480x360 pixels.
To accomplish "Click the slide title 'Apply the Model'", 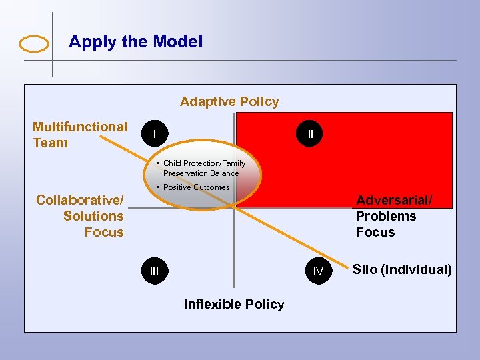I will click(x=135, y=42).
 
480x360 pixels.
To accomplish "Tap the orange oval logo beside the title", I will click(x=34, y=44).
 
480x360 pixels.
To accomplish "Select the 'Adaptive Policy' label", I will click(x=229, y=102).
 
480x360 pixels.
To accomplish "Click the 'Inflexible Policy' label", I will click(x=233, y=305).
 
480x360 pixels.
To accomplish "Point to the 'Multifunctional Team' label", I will click(x=79, y=135).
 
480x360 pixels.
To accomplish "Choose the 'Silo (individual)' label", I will click(x=402, y=270).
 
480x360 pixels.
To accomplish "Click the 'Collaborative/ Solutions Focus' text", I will click(x=81, y=216).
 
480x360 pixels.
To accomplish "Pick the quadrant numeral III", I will click(x=155, y=271).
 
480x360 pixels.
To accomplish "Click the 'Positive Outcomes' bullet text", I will click(x=196, y=187).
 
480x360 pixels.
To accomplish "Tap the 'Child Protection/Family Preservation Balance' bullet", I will click(x=203, y=168).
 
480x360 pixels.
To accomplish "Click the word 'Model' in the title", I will click(x=177, y=42).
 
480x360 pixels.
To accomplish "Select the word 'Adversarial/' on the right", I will click(x=394, y=200).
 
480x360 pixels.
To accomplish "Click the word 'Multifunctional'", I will click(x=80, y=127).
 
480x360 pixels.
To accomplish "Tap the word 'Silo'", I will click(x=365, y=270).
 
